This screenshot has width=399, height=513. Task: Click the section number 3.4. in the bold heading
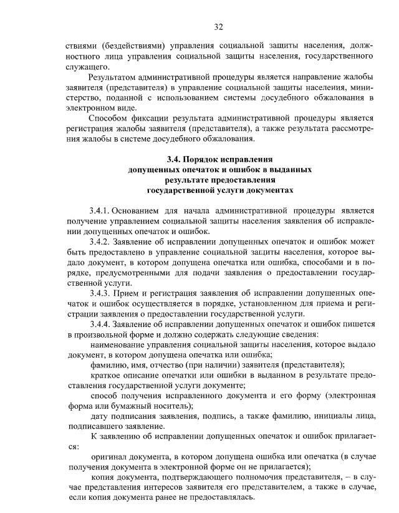(177, 159)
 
